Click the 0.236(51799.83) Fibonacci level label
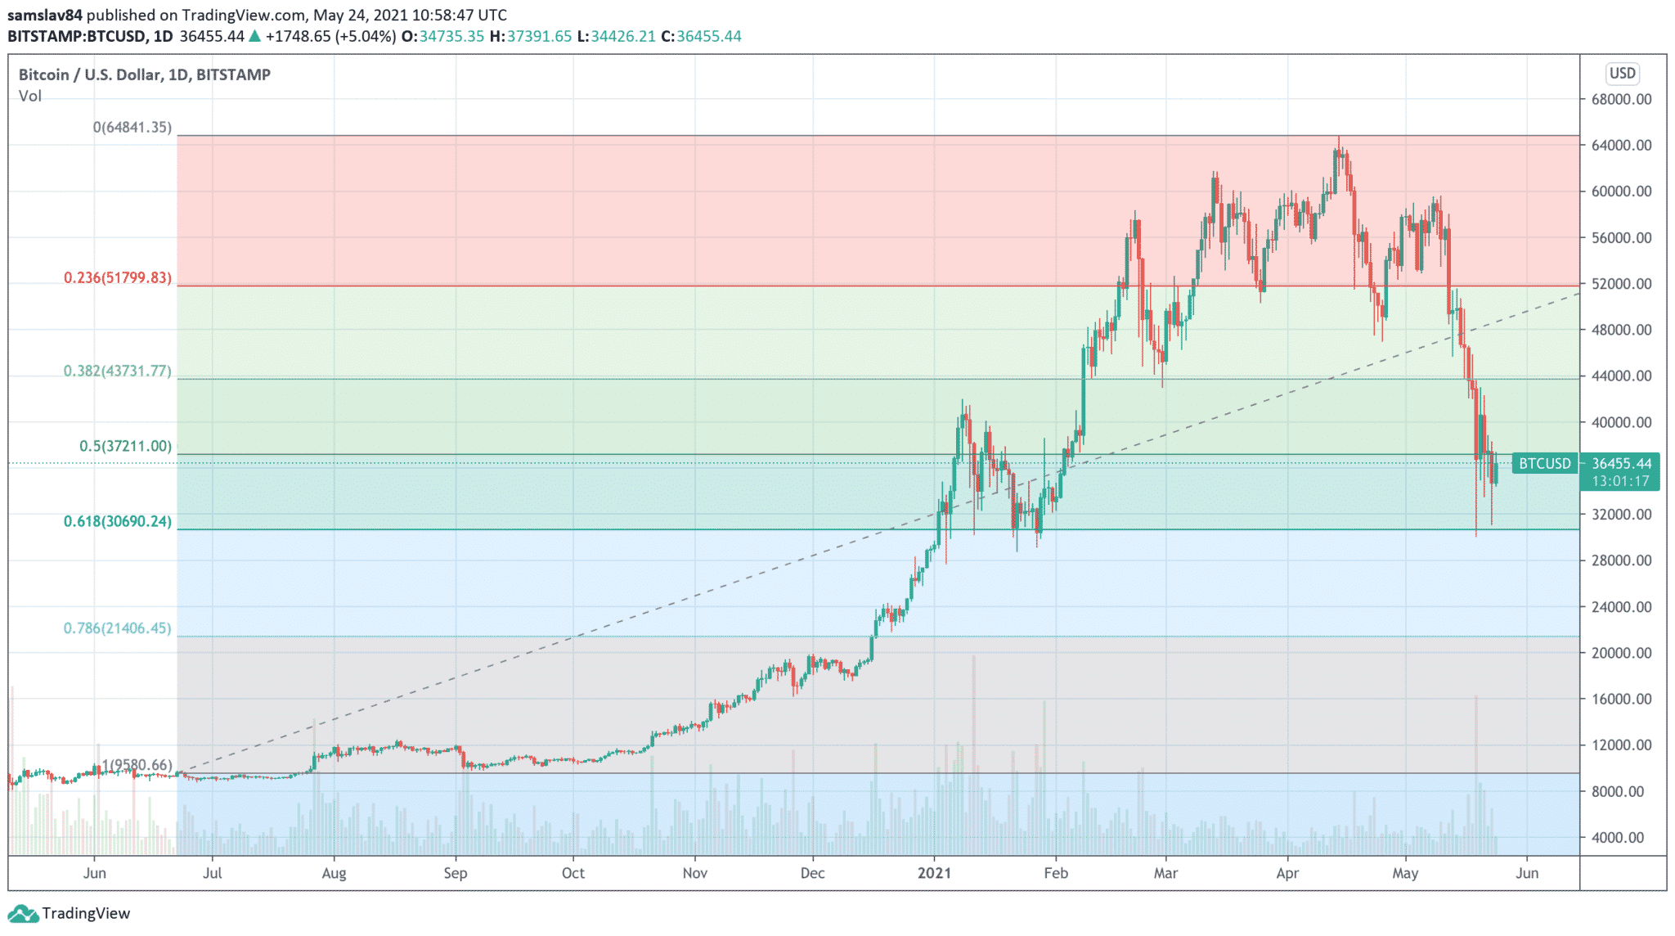[118, 278]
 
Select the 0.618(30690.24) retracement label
[118, 521]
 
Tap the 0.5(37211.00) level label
[125, 446]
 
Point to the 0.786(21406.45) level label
[118, 628]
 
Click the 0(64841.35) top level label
[132, 128]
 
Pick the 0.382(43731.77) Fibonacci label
[118, 371]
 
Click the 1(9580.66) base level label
[137, 766]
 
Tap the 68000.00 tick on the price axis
[1621, 100]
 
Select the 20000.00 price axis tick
[1621, 653]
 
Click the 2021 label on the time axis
[934, 873]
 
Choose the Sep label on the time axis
[456, 873]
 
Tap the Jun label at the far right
[1526, 873]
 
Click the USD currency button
[1622, 74]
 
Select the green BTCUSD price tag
[1544, 464]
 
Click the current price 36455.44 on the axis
[1621, 464]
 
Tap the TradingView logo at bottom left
[70, 914]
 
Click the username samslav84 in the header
[45, 16]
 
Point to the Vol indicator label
[30, 97]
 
